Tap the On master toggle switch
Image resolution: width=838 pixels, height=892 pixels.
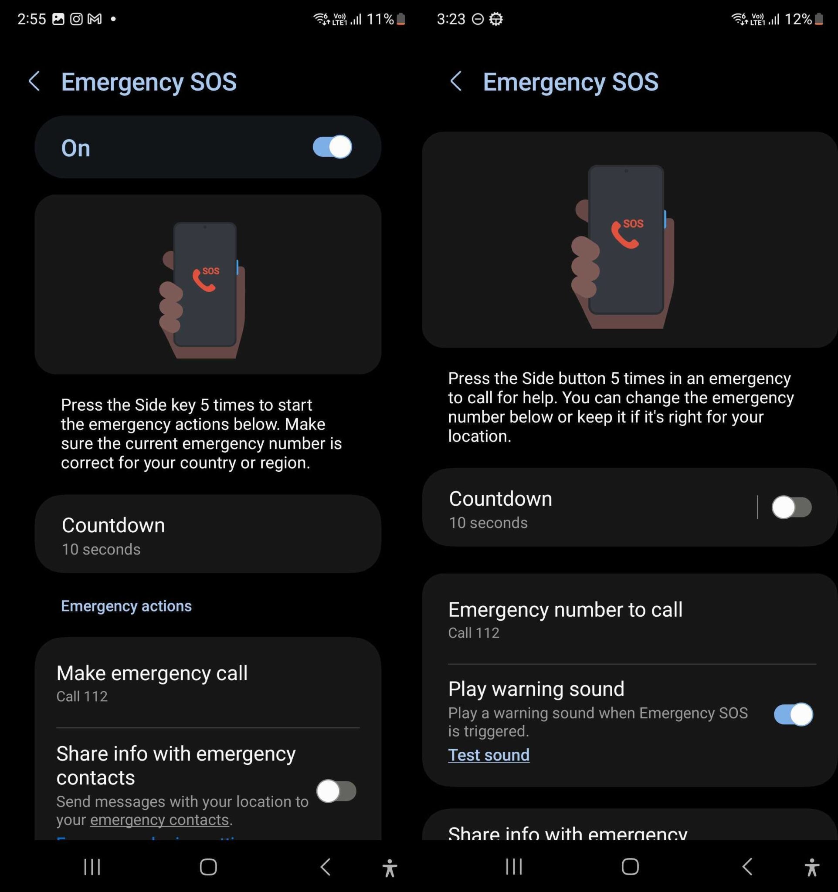[x=332, y=147]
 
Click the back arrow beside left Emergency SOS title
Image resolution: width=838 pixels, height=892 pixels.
[x=34, y=81]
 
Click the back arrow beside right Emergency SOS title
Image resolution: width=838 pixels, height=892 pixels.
[x=455, y=81]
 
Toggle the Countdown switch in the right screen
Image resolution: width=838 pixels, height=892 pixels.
[x=791, y=507]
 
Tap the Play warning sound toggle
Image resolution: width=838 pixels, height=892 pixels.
[x=793, y=714]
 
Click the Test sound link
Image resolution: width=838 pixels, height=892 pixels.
[x=489, y=755]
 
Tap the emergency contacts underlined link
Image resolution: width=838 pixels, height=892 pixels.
[x=159, y=820]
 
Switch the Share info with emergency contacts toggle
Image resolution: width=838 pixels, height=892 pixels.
[x=336, y=791]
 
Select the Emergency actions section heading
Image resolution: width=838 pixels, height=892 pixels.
[x=126, y=606]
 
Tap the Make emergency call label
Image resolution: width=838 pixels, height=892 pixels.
[x=152, y=673]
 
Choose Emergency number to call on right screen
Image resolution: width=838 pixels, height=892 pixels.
[x=565, y=610]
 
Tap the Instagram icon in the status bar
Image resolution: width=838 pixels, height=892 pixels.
[x=76, y=19]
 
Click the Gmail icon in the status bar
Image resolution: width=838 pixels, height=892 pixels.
[x=94, y=19]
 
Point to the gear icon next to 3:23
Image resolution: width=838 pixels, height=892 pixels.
[x=496, y=19]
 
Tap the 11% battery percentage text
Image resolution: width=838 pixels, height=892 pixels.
[x=380, y=19]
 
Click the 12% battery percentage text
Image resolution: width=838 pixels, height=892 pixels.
[x=797, y=19]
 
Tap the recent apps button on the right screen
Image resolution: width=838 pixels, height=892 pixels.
[x=514, y=866]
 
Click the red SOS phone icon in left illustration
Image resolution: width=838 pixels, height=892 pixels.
[x=204, y=279]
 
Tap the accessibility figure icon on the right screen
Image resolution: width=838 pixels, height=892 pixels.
[x=811, y=867]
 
